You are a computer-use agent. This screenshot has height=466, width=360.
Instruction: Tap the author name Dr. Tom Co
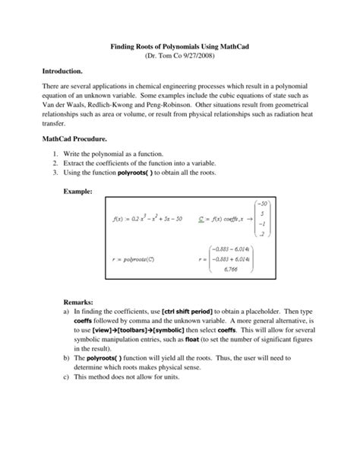click(x=163, y=57)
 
